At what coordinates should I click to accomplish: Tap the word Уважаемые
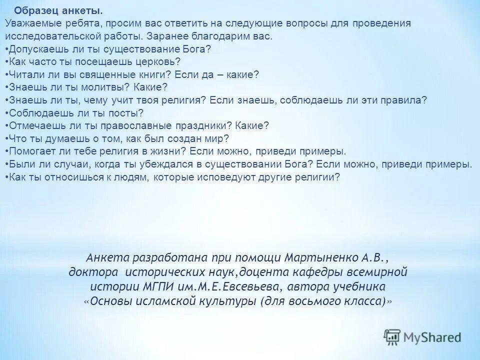[x=28, y=23]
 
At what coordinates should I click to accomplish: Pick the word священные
[x=112, y=74]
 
